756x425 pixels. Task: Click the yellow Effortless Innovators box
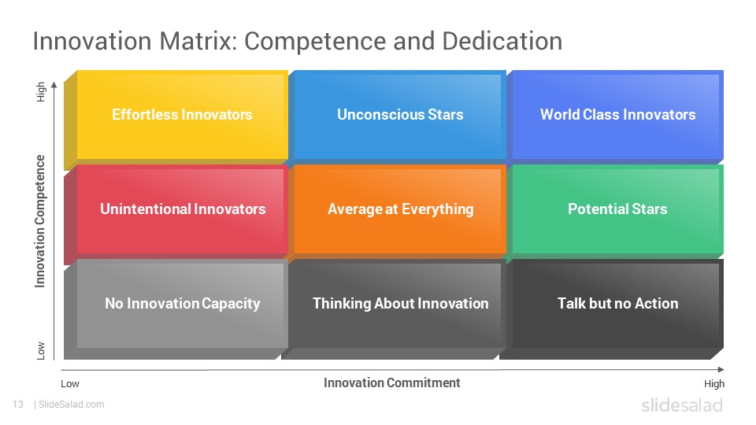point(176,119)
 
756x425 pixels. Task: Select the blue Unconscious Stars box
point(397,116)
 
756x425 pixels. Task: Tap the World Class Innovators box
point(615,116)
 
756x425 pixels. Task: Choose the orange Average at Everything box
point(397,210)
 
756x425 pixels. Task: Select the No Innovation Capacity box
point(176,309)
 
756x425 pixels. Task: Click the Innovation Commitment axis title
point(392,382)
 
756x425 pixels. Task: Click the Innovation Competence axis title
point(40,221)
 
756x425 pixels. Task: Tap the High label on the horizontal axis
point(714,383)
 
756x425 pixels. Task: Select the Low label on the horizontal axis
point(70,384)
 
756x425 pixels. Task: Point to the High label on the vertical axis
point(41,91)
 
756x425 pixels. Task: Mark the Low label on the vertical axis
point(41,351)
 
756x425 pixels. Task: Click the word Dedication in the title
point(502,41)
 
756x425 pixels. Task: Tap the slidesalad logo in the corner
point(682,405)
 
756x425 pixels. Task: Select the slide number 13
point(18,405)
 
